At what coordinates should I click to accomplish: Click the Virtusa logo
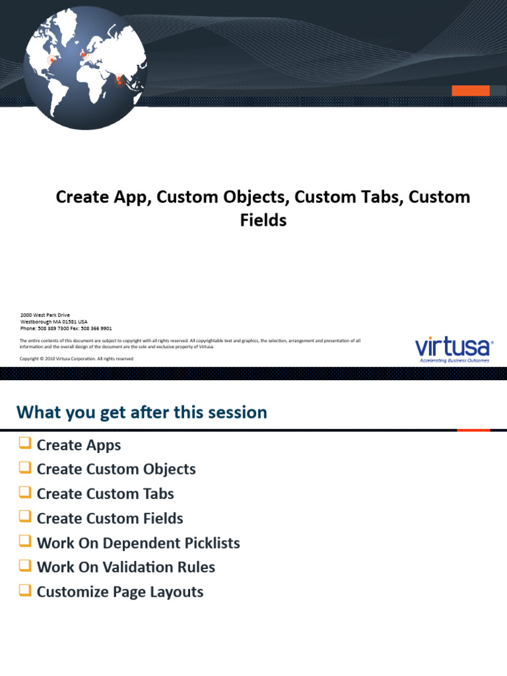[453, 347]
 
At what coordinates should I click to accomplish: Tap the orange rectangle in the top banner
[470, 90]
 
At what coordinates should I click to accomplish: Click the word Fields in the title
[263, 220]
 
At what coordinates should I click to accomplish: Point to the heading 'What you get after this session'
[142, 413]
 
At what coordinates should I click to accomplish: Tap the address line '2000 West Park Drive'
[45, 315]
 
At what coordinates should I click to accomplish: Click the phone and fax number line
[66, 328]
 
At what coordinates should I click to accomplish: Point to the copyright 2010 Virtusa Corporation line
[77, 358]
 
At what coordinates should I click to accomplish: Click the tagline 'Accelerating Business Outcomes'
[455, 360]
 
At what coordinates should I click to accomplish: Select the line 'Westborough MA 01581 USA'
[53, 321]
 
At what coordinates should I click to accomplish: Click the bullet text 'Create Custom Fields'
[110, 518]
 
